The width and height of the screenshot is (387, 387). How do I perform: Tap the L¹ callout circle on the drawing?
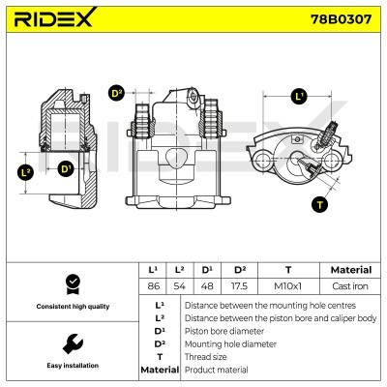click(299, 96)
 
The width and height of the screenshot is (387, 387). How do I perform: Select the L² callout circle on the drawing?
click(26, 173)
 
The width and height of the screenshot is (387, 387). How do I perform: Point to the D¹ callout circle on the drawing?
click(66, 169)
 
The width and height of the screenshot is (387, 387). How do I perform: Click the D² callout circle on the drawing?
click(117, 93)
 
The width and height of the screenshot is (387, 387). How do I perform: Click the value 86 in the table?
click(153, 285)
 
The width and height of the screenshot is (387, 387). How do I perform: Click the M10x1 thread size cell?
click(288, 285)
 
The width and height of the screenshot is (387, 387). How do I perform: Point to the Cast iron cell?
click(350, 285)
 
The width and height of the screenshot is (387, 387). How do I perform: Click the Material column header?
click(350, 269)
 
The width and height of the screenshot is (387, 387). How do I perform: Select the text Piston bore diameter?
click(225, 330)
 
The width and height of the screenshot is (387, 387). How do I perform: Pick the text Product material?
click(219, 370)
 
